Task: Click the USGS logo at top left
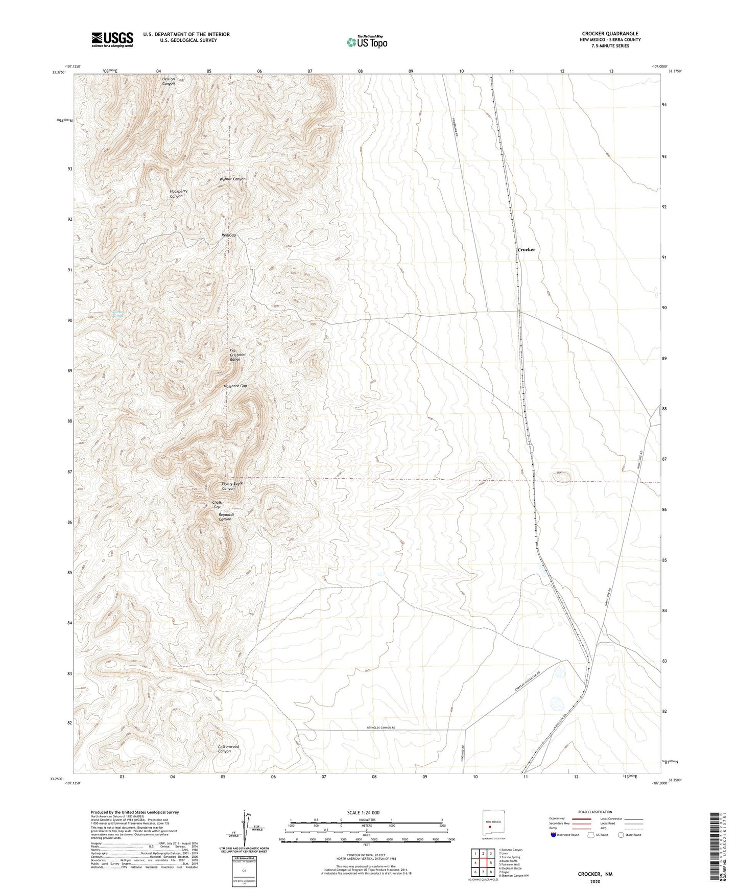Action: [112, 39]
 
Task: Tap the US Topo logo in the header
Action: [367, 41]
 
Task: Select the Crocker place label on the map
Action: [527, 250]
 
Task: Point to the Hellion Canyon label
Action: [169, 81]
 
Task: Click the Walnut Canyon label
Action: [232, 179]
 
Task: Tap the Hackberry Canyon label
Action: [178, 194]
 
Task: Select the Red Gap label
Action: [228, 235]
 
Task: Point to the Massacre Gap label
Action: [235, 386]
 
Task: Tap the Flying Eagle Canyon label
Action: [232, 486]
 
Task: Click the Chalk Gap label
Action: [217, 505]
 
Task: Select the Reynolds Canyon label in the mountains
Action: [226, 517]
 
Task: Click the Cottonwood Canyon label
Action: [228, 749]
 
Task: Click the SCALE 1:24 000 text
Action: [363, 813]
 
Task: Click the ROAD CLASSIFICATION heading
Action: [595, 812]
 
